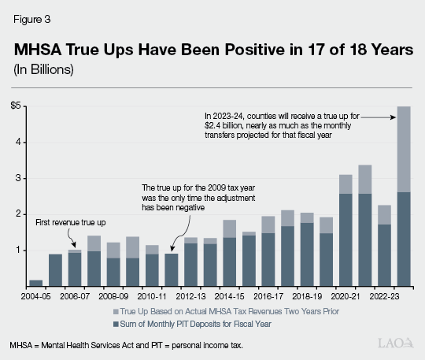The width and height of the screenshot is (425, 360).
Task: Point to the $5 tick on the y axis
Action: (16, 106)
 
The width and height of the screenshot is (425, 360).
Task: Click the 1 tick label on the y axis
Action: (19, 251)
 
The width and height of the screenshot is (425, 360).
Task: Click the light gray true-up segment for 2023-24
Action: (404, 149)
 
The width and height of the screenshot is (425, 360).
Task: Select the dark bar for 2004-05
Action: (36, 283)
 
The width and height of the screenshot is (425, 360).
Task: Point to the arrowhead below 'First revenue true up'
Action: (75, 246)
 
